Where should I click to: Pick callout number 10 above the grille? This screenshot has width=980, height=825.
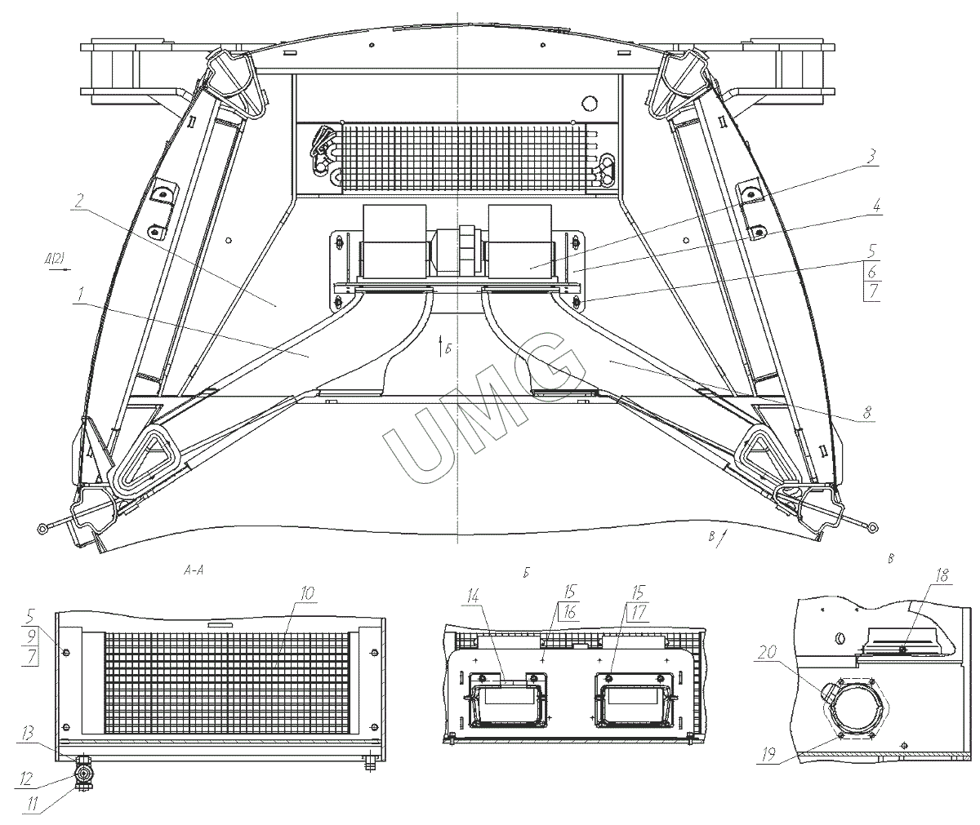coord(306,593)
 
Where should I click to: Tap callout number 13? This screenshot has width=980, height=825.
coord(29,734)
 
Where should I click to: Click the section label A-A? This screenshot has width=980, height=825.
coord(194,572)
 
